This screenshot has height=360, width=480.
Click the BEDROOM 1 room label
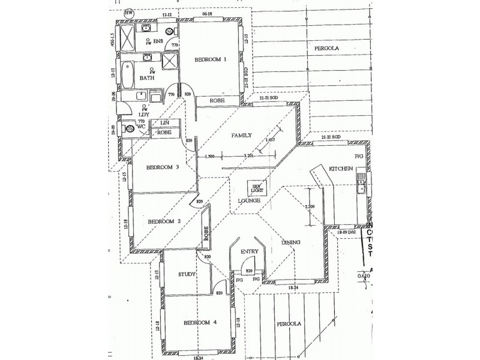pyautogui.click(x=210, y=59)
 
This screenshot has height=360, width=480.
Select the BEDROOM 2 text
pyautogui.click(x=164, y=221)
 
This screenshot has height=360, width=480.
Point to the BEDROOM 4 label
pyautogui.click(x=200, y=323)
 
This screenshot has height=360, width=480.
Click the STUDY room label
pyautogui.click(x=187, y=274)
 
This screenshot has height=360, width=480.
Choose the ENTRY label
pyautogui.click(x=249, y=252)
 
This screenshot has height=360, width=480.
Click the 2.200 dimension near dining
pyautogui.click(x=310, y=207)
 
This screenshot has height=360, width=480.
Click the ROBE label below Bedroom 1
pyautogui.click(x=217, y=101)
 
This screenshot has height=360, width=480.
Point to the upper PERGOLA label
pyautogui.click(x=325, y=47)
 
